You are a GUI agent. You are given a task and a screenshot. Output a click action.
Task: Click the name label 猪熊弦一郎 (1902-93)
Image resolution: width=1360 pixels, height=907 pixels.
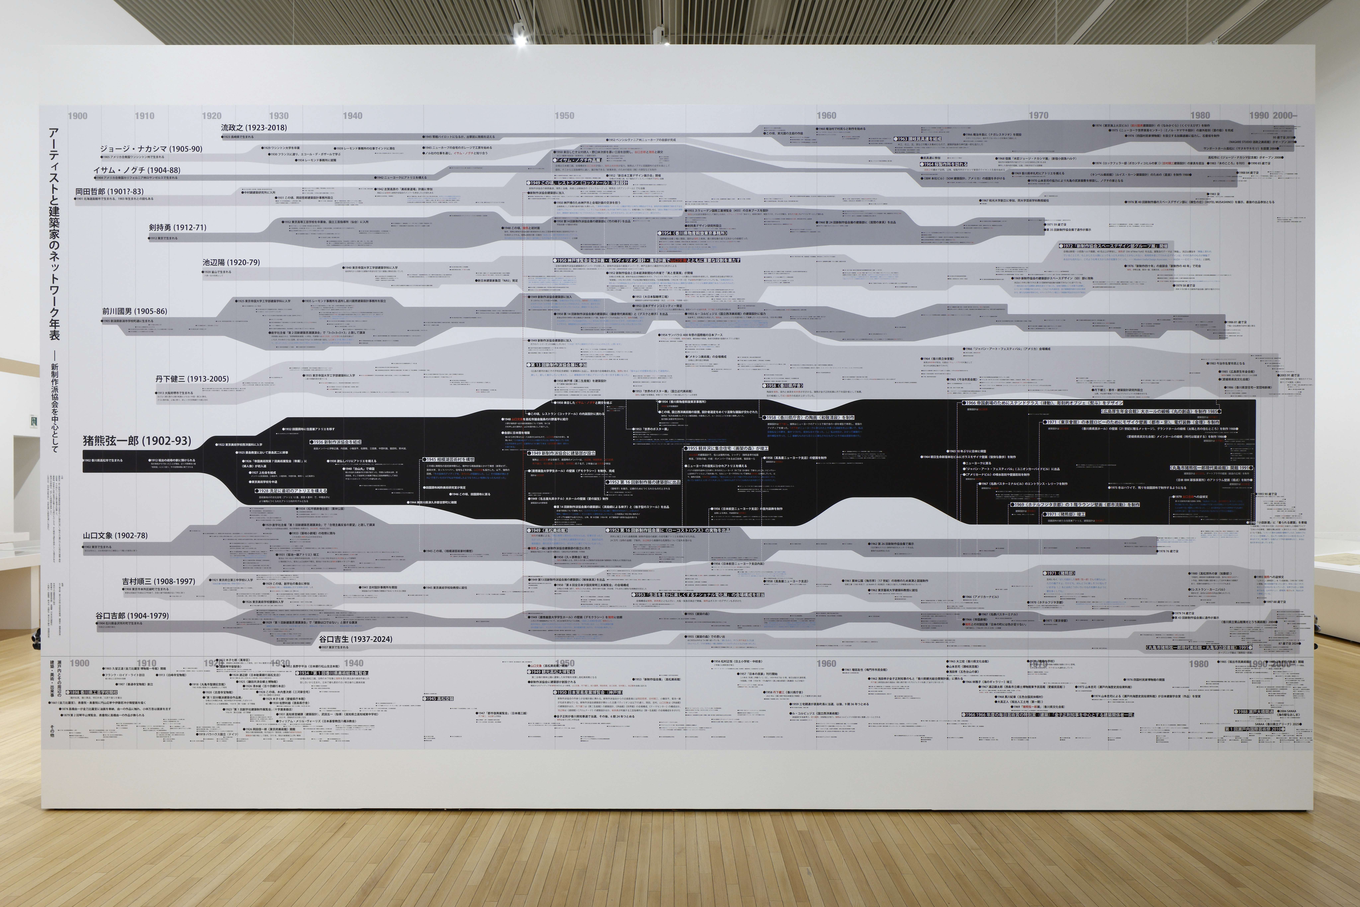[137, 441]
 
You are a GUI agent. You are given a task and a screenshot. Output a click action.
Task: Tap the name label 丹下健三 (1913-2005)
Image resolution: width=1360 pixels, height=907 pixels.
[191, 379]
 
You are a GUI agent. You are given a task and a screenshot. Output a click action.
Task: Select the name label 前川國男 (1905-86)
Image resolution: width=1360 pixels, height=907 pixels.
[134, 311]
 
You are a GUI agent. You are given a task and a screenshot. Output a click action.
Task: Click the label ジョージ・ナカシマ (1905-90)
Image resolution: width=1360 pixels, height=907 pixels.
[151, 149]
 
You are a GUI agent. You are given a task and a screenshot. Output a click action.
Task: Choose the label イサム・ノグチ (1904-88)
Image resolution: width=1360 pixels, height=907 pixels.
[136, 170]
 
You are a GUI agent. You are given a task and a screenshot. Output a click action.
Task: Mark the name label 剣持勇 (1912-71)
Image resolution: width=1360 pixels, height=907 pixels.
[177, 227]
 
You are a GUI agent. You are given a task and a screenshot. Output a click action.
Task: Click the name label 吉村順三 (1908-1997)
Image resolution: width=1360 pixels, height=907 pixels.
[159, 581]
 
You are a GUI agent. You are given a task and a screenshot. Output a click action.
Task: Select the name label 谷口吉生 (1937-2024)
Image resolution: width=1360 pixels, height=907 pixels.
[355, 639]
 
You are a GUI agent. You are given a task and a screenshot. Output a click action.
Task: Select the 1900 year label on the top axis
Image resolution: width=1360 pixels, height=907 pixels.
[78, 116]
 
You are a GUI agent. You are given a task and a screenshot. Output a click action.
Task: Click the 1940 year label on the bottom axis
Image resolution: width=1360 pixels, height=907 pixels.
[353, 664]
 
